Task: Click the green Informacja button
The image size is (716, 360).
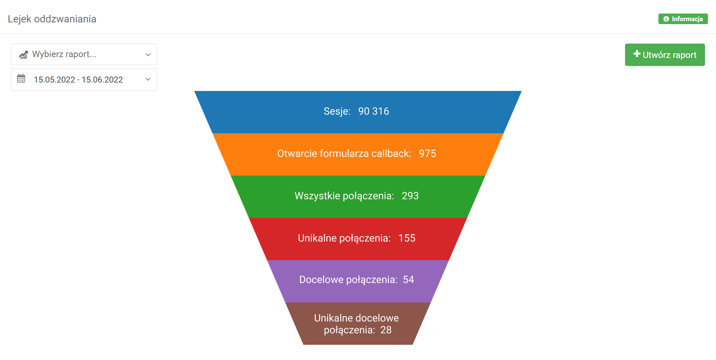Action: [x=683, y=19]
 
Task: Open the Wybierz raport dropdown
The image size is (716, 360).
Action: [x=84, y=54]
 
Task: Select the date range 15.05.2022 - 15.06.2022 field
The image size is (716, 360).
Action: [x=84, y=80]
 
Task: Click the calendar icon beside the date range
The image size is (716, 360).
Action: [x=21, y=79]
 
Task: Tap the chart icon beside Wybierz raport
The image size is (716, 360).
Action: [x=23, y=55]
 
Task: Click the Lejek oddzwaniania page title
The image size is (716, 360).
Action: [x=52, y=19]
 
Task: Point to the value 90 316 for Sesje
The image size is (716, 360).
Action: [x=373, y=111]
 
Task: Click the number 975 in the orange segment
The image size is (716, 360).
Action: [x=427, y=154]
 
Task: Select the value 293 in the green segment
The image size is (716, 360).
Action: [x=410, y=196]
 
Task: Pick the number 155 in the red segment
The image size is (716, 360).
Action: [x=407, y=238]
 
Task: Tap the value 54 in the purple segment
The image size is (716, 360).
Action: [x=408, y=280]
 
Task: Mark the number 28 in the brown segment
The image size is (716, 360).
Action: [x=386, y=330]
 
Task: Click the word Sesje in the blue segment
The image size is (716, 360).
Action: [x=336, y=112]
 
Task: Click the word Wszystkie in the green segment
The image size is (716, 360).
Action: [x=317, y=196]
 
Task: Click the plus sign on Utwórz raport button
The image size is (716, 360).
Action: [x=637, y=54]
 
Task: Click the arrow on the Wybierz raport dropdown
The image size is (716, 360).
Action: [x=148, y=55]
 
